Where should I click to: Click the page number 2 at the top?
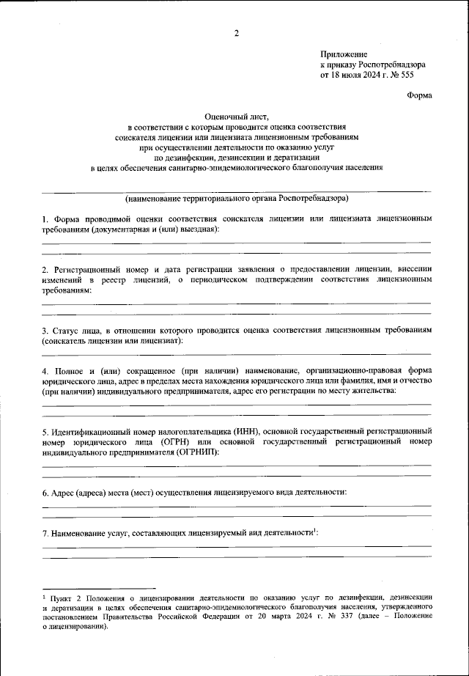(x=236, y=33)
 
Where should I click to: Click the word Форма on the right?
(x=419, y=95)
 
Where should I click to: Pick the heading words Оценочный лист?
(x=235, y=116)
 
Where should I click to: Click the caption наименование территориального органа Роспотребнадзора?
(x=236, y=198)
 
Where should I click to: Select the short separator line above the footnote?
(x=98, y=588)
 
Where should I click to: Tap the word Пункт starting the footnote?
(x=62, y=598)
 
